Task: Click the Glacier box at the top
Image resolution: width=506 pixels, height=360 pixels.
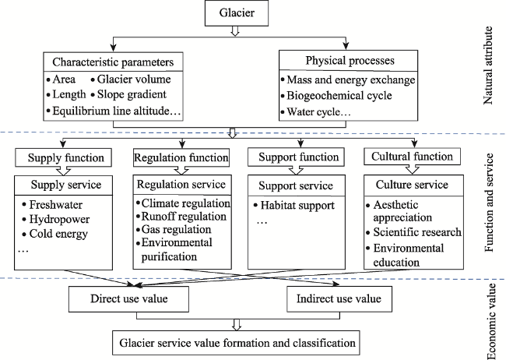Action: click(237, 13)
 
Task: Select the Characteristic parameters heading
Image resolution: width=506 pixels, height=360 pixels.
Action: click(113, 62)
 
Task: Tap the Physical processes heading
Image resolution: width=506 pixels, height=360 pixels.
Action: click(350, 61)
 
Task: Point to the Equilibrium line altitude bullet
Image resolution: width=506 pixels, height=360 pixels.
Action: click(114, 111)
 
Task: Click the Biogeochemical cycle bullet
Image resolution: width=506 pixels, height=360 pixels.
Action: click(336, 96)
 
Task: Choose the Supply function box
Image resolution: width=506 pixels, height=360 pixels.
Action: click(63, 157)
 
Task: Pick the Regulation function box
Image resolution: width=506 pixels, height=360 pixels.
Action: click(181, 157)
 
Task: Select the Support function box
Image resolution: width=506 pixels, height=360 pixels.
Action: click(296, 157)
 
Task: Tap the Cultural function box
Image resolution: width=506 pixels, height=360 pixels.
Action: click(412, 157)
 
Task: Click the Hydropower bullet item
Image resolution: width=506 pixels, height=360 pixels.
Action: click(56, 219)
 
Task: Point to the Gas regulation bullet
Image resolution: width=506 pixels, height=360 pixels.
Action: click(174, 229)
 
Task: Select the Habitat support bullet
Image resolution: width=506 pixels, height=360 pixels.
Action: click(294, 206)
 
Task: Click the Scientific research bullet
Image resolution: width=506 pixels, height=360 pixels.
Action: click(414, 232)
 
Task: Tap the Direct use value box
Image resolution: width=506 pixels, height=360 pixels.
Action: click(128, 299)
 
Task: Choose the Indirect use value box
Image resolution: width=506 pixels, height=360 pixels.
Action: click(339, 299)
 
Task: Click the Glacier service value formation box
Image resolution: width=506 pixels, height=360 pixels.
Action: click(236, 343)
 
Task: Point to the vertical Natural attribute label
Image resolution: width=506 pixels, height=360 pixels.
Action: click(488, 65)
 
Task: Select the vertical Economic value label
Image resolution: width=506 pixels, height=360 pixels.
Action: click(490, 322)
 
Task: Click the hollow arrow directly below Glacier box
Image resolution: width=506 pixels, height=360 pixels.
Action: click(235, 30)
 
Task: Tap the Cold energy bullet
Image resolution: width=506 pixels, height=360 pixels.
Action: click(54, 234)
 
